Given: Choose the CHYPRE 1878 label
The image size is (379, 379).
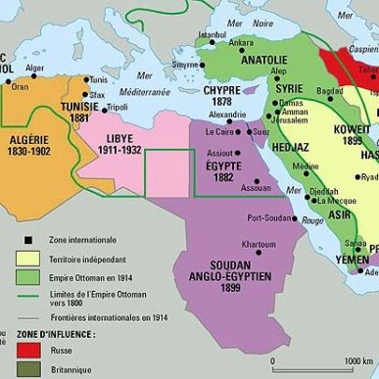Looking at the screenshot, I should pos(222,96).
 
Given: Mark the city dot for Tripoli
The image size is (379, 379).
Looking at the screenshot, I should pos(99,107).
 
